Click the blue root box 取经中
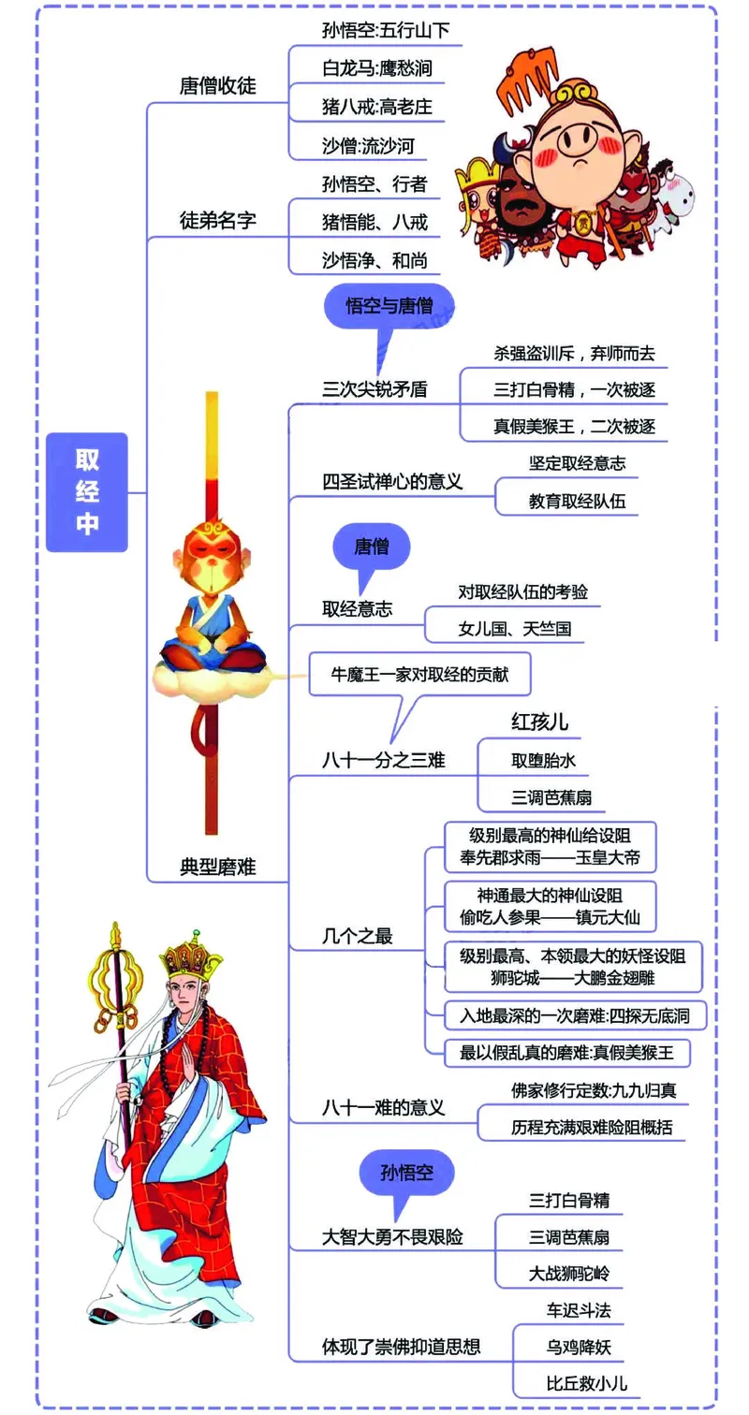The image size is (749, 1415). (87, 491)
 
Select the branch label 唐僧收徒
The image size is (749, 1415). (217, 86)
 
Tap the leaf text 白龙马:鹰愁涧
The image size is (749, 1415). (376, 68)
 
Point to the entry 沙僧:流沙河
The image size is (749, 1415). (367, 145)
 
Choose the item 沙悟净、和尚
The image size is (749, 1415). (374, 259)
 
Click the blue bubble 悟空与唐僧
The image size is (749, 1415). (389, 307)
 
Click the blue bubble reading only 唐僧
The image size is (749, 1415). (372, 547)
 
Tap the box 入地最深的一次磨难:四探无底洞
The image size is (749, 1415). (575, 1015)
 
